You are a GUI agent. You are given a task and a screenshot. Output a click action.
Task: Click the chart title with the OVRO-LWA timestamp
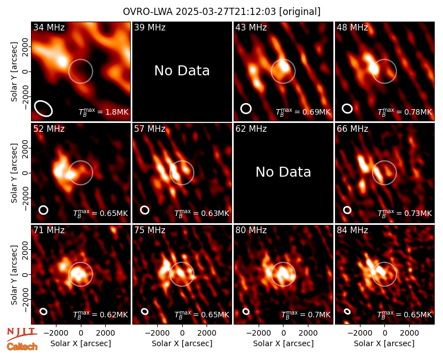coord(221,12)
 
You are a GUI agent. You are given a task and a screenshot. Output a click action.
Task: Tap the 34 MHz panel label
coord(49,27)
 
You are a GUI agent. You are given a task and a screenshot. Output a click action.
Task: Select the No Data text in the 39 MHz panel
coord(182,71)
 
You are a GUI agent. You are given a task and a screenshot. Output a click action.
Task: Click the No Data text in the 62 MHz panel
coord(283,172)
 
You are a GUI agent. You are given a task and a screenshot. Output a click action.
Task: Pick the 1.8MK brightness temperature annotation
coord(104,112)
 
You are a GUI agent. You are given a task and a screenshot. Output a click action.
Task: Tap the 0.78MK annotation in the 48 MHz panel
coord(405,112)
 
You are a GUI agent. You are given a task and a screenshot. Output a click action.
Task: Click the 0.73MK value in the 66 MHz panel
coord(405,213)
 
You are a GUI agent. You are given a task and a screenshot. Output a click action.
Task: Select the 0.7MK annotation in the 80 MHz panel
coord(306,314)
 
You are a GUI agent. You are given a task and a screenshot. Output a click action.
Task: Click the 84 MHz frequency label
coord(352,230)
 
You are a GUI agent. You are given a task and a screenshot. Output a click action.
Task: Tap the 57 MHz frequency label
coord(150,129)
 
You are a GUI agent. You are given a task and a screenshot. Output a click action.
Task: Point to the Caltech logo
coord(22,347)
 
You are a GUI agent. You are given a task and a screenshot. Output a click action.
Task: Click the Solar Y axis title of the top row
coord(14,72)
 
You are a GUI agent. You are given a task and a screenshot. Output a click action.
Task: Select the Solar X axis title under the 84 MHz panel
coord(384,343)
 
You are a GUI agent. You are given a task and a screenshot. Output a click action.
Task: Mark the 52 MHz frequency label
coord(49,129)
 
